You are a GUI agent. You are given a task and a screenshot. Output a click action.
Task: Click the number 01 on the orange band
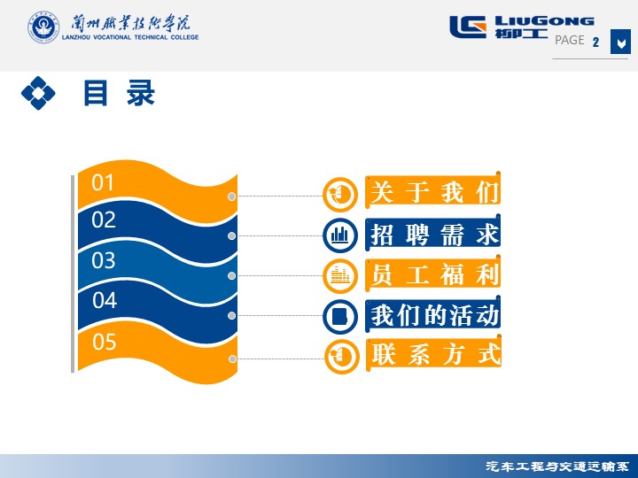(x=102, y=182)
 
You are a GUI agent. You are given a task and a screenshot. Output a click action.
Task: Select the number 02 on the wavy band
(x=104, y=220)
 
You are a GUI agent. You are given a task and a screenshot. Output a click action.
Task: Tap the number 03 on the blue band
(x=104, y=260)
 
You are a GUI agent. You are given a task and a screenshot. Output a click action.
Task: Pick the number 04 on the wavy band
(x=105, y=300)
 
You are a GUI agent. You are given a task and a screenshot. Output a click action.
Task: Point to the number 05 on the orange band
(x=105, y=342)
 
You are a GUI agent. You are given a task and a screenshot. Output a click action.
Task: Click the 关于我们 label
(x=433, y=191)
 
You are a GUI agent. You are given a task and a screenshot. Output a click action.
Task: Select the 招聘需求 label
(x=433, y=235)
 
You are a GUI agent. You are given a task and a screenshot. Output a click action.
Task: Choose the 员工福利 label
(x=433, y=274)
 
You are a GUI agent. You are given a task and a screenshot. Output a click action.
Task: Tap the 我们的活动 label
(x=434, y=315)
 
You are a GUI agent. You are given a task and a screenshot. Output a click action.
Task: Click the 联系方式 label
(x=435, y=354)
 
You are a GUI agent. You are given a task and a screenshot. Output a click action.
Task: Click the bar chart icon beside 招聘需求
(x=340, y=235)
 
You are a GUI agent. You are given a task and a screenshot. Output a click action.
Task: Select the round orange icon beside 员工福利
(x=340, y=275)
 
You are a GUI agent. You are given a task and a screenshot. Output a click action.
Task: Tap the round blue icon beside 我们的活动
(x=340, y=316)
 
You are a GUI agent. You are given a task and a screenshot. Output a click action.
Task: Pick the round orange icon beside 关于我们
(x=340, y=195)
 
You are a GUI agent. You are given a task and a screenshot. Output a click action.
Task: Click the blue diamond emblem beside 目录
(x=38, y=93)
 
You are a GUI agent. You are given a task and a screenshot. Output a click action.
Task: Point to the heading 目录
(x=119, y=93)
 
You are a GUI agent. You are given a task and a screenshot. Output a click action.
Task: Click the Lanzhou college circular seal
(x=43, y=27)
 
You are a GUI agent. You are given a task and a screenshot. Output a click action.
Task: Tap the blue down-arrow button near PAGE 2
(x=620, y=42)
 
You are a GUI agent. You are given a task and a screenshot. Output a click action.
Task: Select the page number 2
(x=595, y=42)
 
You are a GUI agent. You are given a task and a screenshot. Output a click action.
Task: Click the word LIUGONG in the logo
(x=544, y=21)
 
